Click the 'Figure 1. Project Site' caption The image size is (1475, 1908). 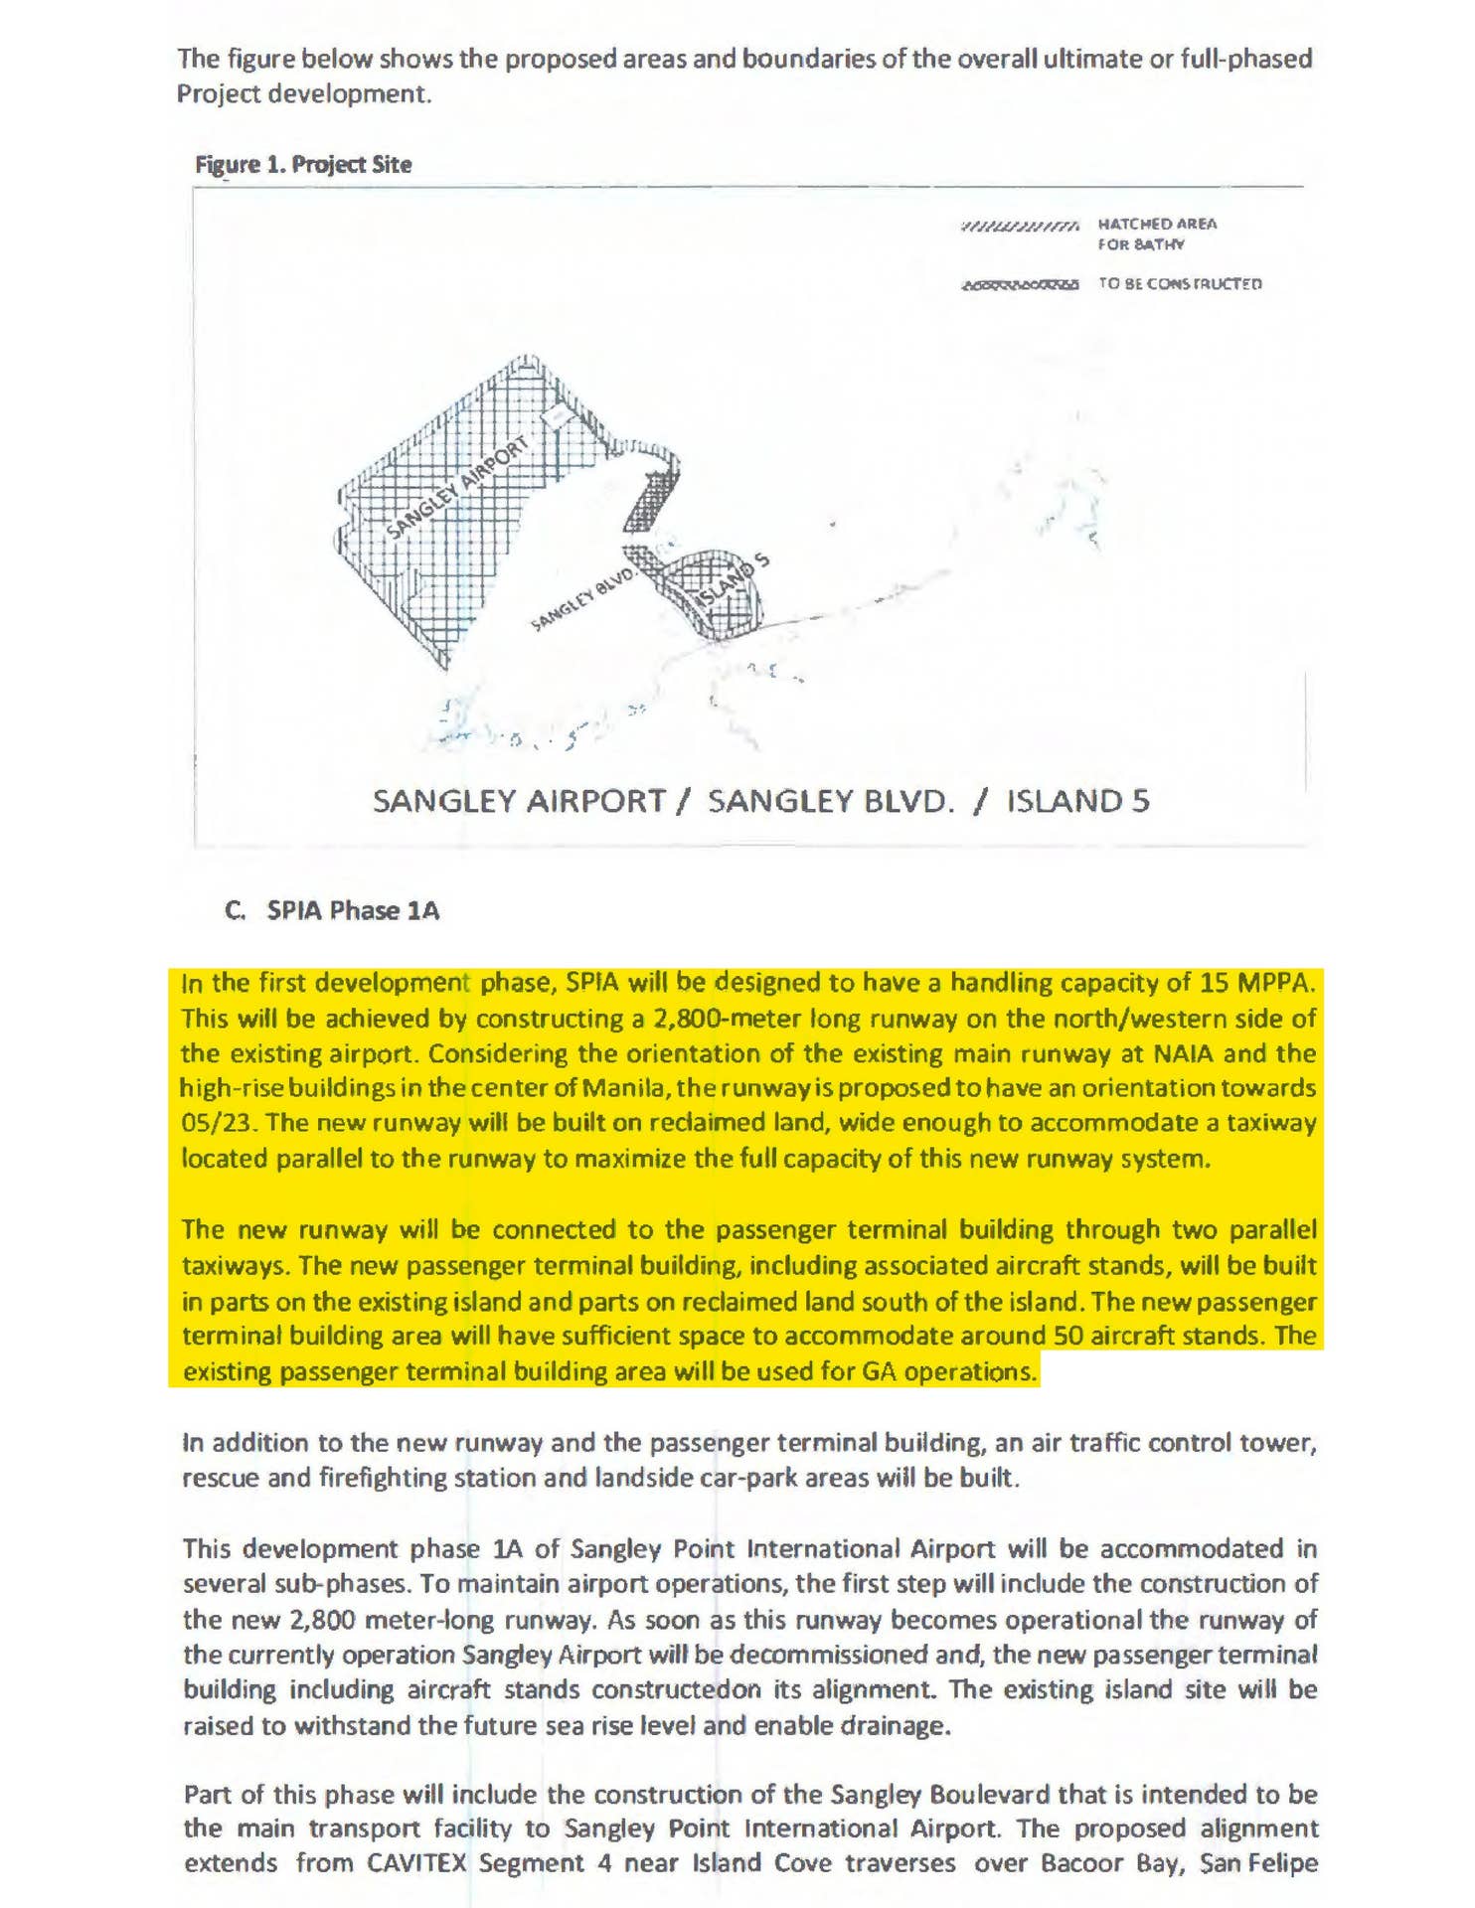(x=303, y=165)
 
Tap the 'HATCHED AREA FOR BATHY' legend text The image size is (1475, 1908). (x=1156, y=234)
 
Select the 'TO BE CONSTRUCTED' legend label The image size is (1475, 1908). (x=1180, y=284)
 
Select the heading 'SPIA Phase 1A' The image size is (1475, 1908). (x=353, y=910)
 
